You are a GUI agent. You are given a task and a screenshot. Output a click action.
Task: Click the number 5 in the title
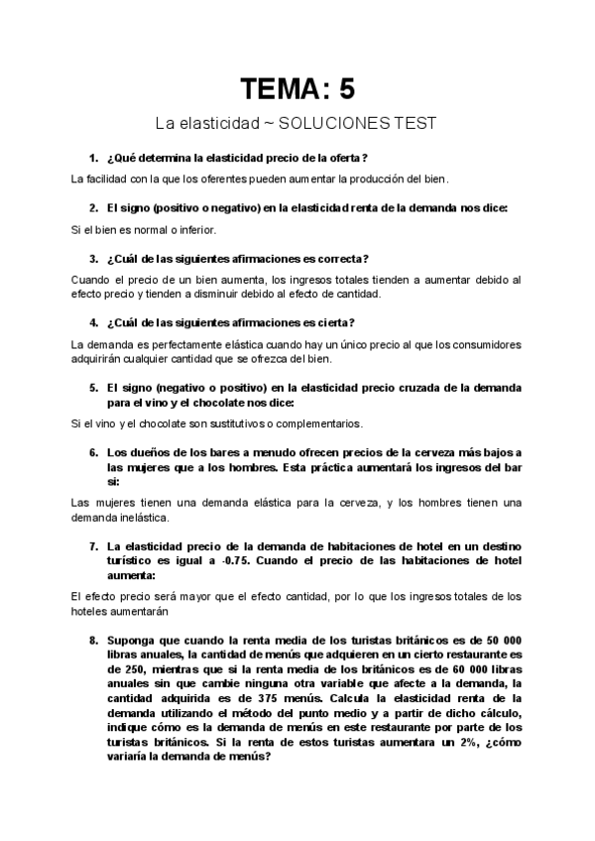[x=344, y=89]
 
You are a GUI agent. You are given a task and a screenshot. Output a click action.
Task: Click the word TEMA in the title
[x=280, y=89]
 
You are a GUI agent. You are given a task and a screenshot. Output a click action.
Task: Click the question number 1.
[x=92, y=159]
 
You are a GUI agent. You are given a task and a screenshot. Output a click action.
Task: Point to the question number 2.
[x=92, y=208]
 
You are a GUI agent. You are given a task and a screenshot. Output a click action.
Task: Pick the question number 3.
[x=92, y=259]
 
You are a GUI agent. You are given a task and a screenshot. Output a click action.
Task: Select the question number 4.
[x=92, y=322]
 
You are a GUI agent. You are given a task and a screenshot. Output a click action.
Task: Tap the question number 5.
[x=92, y=388]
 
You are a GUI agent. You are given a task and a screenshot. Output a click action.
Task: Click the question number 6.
[x=92, y=452]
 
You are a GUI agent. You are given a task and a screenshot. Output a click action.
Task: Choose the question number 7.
[x=92, y=546]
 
